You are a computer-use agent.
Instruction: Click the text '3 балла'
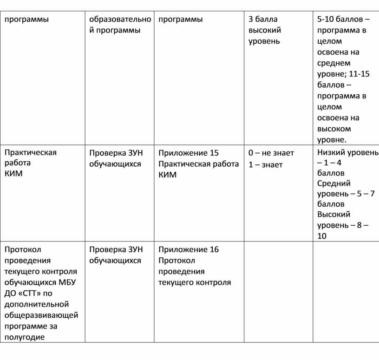(x=263, y=19)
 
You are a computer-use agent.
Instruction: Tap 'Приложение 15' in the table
(x=189, y=153)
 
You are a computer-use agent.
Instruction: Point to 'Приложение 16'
(x=189, y=249)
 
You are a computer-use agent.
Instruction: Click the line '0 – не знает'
(x=271, y=153)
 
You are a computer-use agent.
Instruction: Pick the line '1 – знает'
(x=266, y=164)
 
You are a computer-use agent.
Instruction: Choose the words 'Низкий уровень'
(x=347, y=152)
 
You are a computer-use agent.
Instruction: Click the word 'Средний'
(x=334, y=183)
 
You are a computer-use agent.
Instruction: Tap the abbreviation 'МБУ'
(x=68, y=282)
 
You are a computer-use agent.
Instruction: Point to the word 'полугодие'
(x=25, y=337)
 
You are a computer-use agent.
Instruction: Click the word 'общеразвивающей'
(x=41, y=315)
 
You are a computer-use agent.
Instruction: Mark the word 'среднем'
(x=334, y=63)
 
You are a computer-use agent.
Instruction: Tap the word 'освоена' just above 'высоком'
(x=332, y=118)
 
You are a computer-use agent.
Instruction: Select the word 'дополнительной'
(x=37, y=304)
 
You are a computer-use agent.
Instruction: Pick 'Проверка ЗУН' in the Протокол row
(x=116, y=249)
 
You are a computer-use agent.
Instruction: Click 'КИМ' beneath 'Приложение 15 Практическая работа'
(x=168, y=175)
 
